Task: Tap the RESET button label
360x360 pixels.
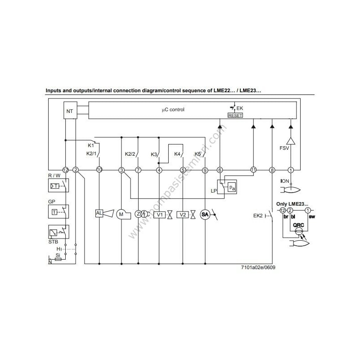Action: pos(235,115)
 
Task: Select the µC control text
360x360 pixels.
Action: pos(173,109)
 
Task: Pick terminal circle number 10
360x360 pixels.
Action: pos(99,170)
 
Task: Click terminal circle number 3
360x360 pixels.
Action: pos(121,170)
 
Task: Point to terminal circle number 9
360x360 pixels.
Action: pos(205,170)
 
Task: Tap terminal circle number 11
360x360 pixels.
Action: pos(254,170)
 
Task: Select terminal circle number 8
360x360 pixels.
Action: pos(272,170)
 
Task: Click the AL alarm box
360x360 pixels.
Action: pos(99,214)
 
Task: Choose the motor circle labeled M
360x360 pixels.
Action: pos(121,214)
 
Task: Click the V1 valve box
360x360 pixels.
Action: pos(159,215)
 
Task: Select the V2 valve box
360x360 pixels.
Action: pos(183,215)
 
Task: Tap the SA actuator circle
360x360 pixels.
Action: pos(205,215)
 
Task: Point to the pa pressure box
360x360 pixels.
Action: pos(231,187)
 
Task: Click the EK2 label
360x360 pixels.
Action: pos(258,216)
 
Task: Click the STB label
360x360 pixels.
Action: pos(54,242)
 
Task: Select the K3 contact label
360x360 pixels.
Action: pos(154,154)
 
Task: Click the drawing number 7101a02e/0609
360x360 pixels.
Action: pos(258,267)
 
